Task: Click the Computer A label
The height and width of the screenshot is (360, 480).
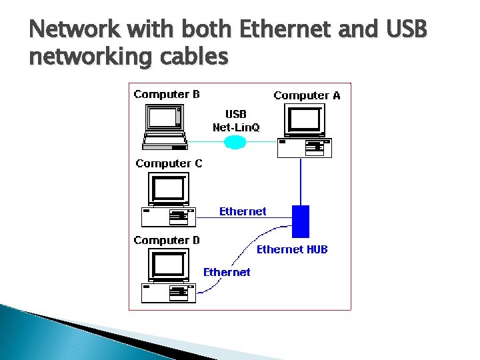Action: tap(307, 95)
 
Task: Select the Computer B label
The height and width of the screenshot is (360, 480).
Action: tap(167, 94)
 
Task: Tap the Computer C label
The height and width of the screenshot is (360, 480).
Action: tap(169, 163)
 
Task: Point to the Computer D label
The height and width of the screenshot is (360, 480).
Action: tap(167, 240)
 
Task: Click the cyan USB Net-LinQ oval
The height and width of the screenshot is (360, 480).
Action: tap(234, 141)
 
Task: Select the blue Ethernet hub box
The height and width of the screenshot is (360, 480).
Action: tap(301, 221)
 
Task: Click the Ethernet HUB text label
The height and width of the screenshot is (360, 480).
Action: tap(292, 249)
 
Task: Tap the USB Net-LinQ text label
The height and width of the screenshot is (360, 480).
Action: tap(236, 121)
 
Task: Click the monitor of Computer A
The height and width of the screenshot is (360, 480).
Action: tap(304, 121)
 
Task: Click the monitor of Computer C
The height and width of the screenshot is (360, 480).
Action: tap(167, 189)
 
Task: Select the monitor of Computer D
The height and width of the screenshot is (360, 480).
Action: tap(167, 265)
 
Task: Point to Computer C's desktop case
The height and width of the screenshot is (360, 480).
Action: tap(169, 217)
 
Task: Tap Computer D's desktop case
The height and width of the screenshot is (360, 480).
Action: tap(169, 292)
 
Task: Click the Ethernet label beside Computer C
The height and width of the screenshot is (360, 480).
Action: tap(243, 211)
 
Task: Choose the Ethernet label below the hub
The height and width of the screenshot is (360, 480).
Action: tap(227, 271)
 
